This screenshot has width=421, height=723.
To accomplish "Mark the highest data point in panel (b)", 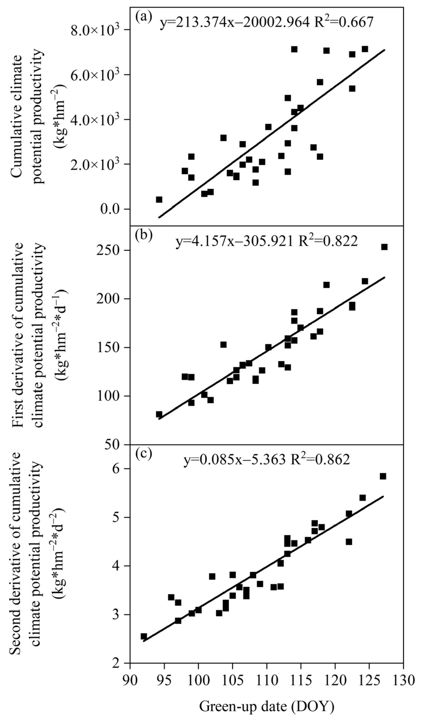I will (384, 247).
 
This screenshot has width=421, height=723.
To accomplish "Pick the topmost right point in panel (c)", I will (383, 476).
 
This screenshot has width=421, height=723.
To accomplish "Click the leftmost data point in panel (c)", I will (144, 634).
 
